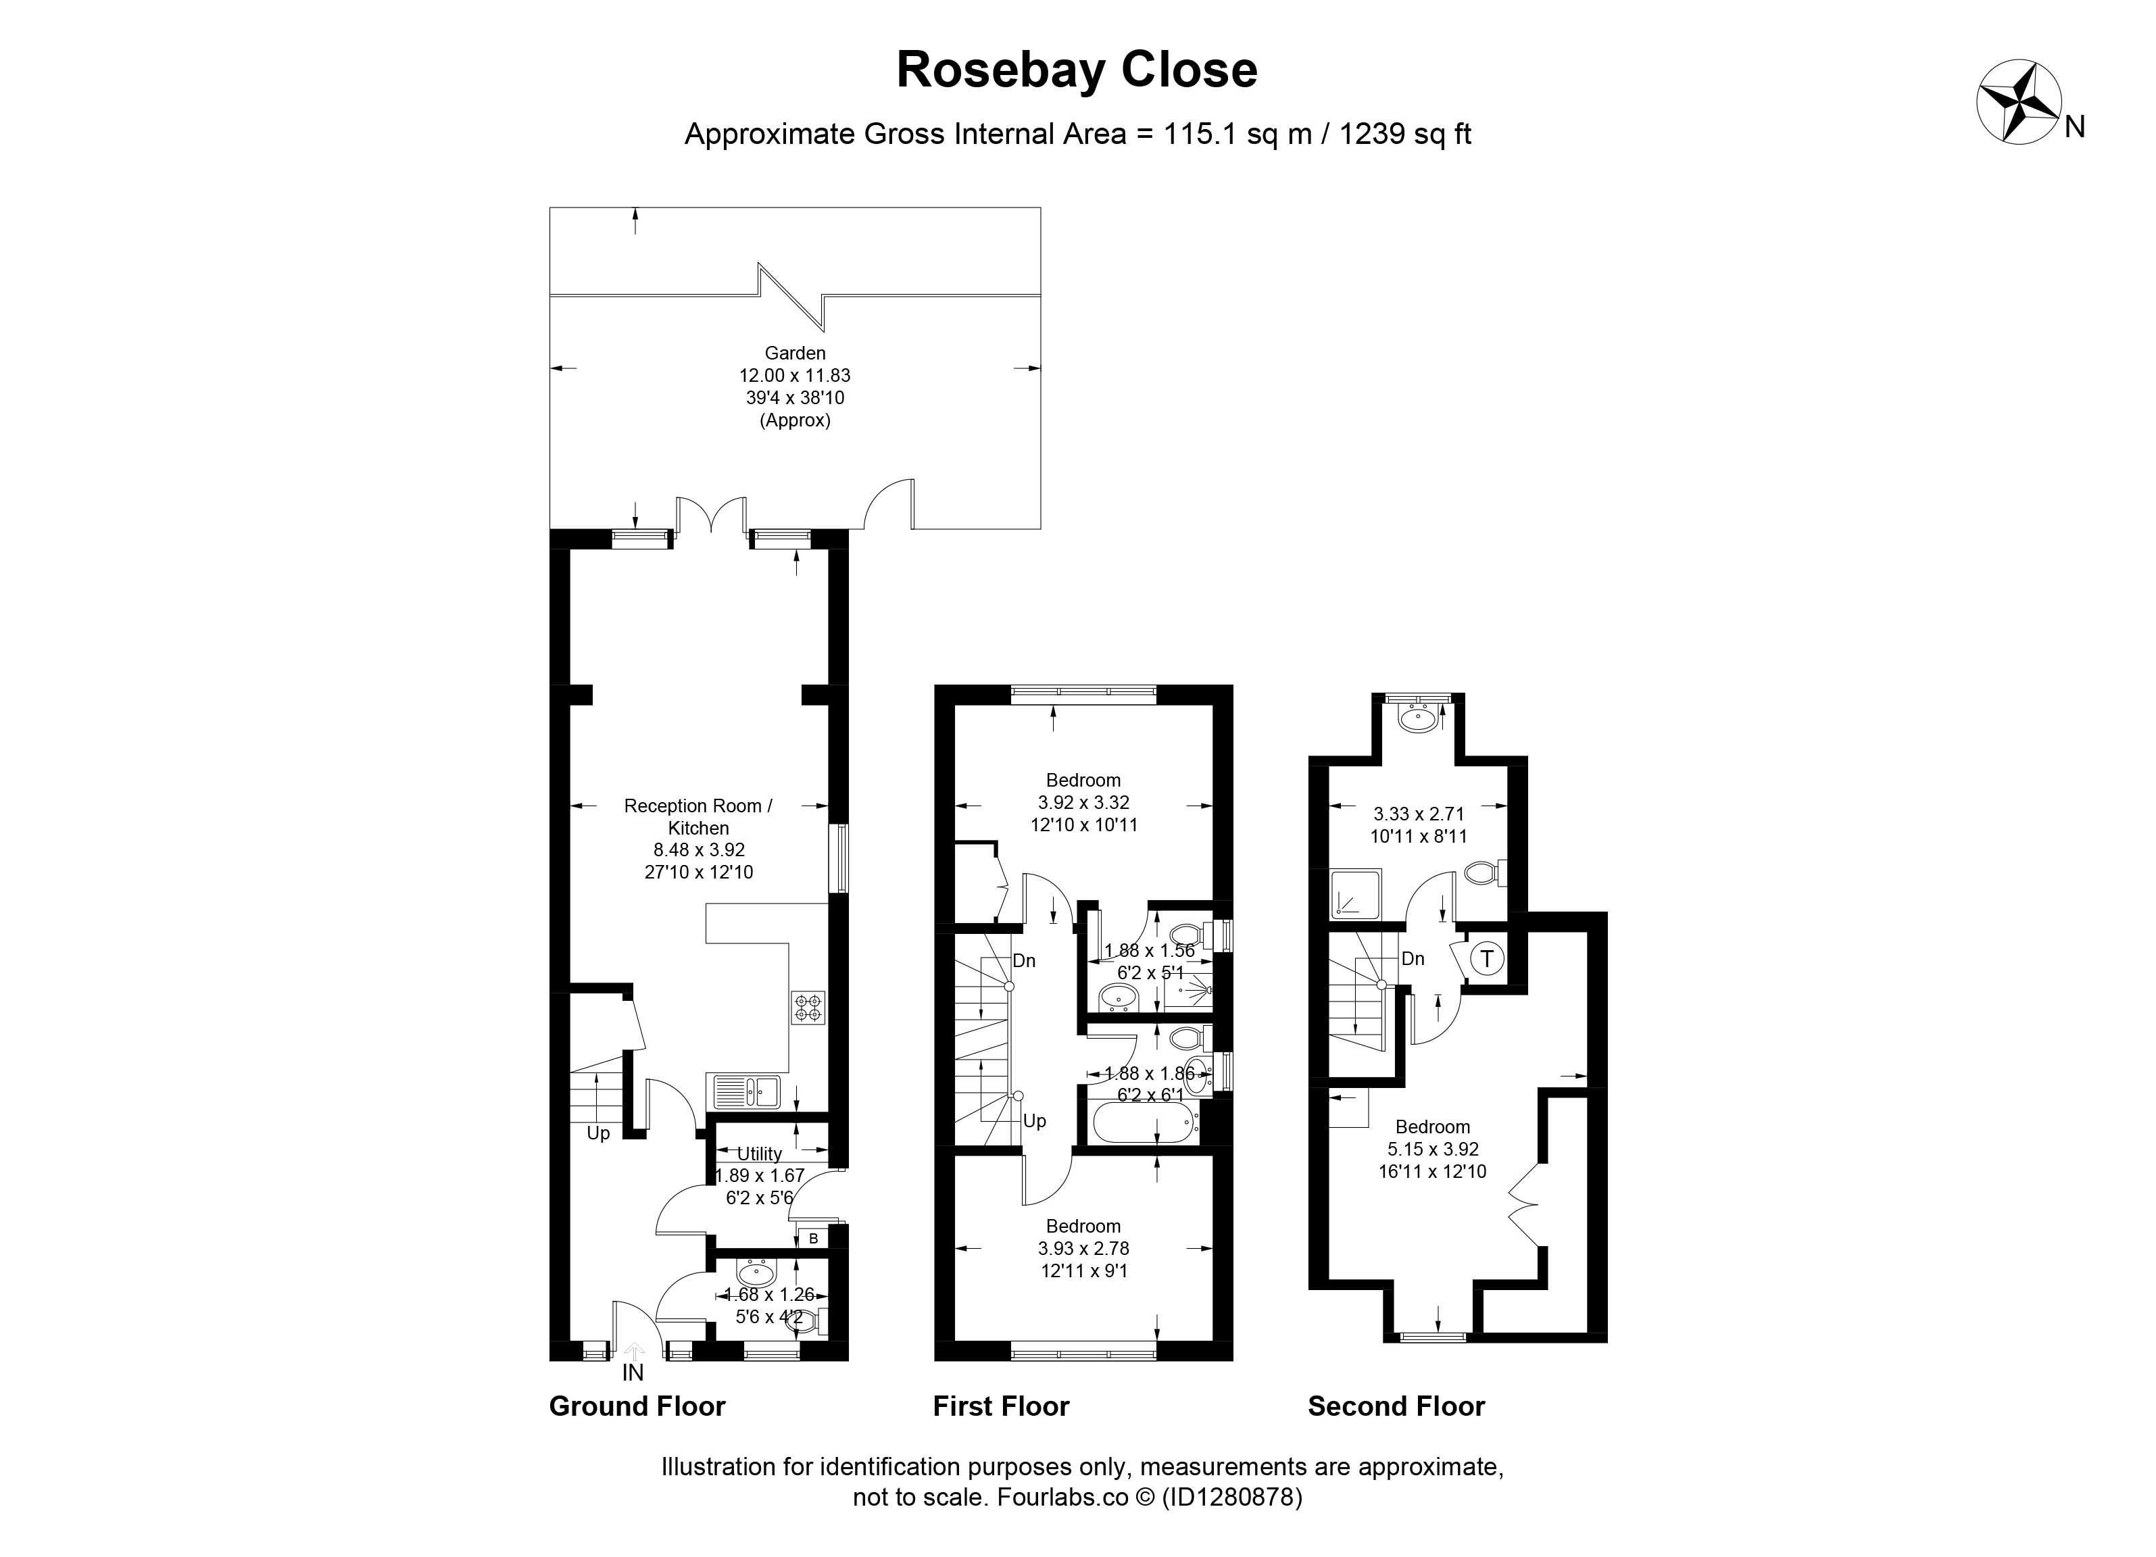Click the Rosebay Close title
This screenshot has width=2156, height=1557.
(x=1077, y=70)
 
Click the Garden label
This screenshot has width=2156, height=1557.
(x=795, y=353)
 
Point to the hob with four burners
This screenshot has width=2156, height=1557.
(x=809, y=1008)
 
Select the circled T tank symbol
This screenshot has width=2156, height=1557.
(x=1488, y=959)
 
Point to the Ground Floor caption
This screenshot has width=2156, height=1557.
(x=637, y=1407)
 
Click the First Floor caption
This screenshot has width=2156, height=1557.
(x=1001, y=1407)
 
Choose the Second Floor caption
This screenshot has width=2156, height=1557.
(x=1396, y=1407)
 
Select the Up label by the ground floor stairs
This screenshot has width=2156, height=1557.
(x=598, y=1134)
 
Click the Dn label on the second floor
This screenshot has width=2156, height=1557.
(x=1413, y=959)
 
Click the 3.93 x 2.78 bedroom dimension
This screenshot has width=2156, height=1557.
(x=1083, y=1249)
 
